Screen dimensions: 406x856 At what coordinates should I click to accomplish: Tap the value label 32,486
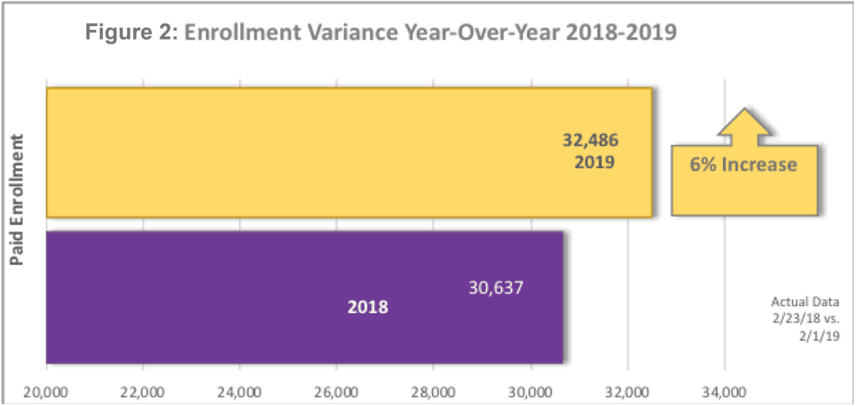pos(590,140)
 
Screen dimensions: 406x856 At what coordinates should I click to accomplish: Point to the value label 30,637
pos(495,288)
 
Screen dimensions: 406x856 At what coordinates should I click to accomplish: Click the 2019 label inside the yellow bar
pos(594,162)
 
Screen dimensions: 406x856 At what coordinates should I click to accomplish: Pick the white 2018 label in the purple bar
pos(368,307)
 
